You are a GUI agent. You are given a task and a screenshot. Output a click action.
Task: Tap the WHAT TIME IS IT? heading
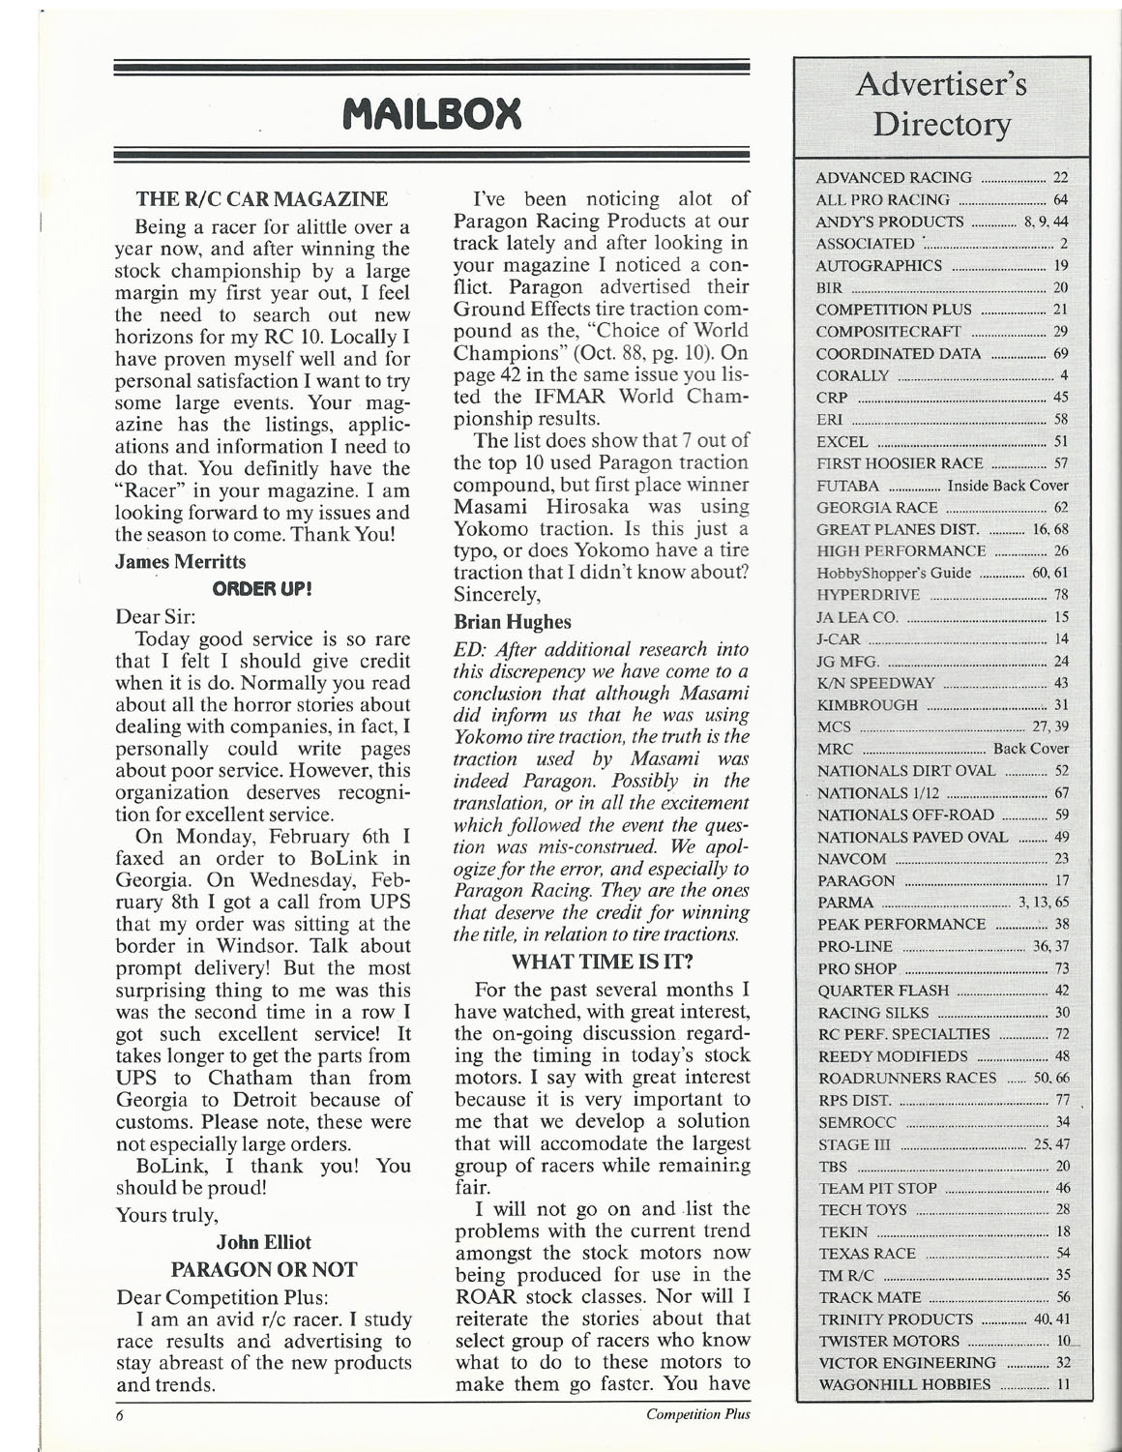coord(601,963)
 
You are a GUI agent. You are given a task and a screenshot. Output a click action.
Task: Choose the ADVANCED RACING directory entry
coord(894,178)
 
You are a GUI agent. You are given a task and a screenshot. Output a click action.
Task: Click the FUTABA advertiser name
coord(848,486)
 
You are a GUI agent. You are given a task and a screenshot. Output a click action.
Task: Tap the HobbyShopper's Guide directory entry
coord(894,573)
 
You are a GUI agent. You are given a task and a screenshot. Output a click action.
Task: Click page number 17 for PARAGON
coord(1061,880)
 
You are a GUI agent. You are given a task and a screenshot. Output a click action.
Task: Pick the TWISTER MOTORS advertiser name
coord(889,1341)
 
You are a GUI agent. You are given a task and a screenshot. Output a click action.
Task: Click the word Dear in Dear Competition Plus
coord(136,1295)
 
